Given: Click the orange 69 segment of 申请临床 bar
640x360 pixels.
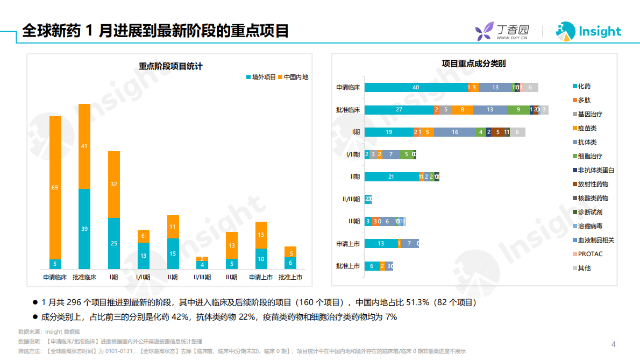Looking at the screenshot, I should [x=55, y=187].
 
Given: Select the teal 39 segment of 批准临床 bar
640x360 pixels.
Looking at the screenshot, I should [x=84, y=229].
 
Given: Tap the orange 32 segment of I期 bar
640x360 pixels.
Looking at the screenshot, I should [x=113, y=184].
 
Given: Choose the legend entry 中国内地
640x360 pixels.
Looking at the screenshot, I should [x=293, y=77].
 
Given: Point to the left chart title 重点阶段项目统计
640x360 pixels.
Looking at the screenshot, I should [x=170, y=66].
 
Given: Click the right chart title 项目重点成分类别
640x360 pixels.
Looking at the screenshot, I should [x=473, y=63].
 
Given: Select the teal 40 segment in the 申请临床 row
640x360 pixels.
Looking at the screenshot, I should [x=416, y=87].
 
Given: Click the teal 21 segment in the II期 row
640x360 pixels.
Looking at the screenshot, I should [x=391, y=177].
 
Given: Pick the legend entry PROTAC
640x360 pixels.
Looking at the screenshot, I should [x=589, y=254].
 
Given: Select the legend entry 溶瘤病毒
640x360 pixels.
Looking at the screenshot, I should [x=590, y=226].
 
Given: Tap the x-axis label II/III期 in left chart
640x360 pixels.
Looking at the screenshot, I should [x=202, y=278].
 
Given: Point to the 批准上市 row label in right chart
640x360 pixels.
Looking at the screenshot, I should [x=347, y=266].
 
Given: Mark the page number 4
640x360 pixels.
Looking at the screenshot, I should [x=613, y=344].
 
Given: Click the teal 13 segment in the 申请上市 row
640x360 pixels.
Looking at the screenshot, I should [x=380, y=244].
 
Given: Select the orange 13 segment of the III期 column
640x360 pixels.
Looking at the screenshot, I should [x=231, y=245].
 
